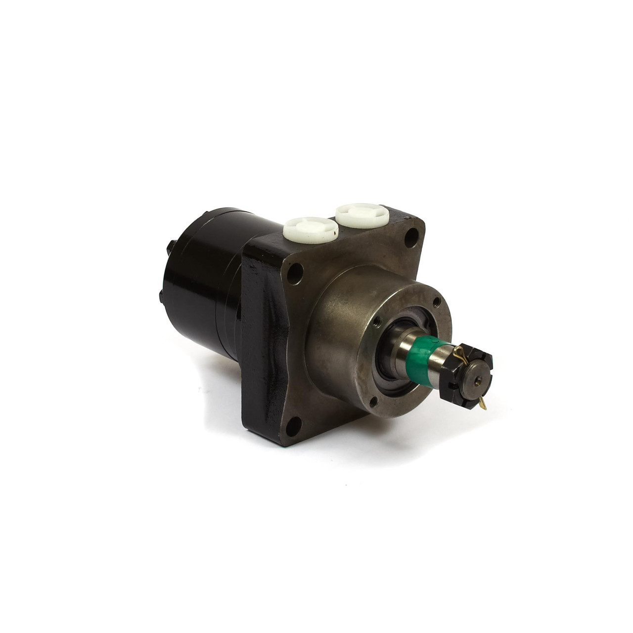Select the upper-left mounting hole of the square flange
coord(295,271)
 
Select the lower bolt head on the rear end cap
coord(162,296)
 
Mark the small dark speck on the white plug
coord(336,231)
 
